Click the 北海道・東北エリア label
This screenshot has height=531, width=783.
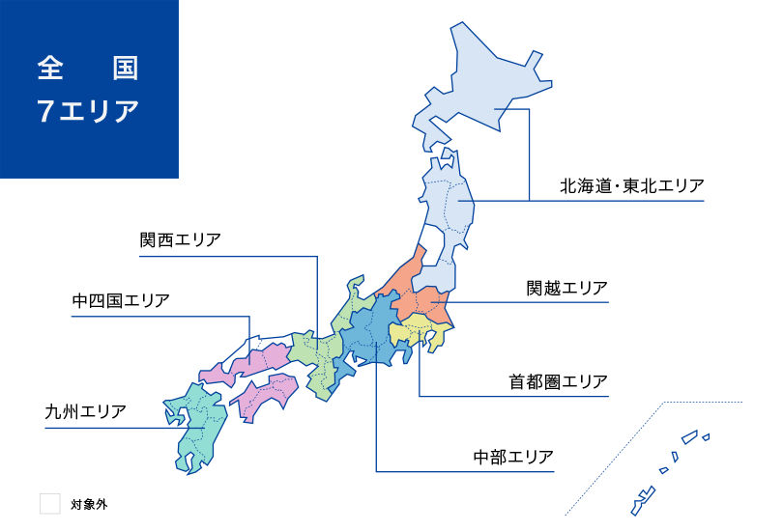[x=632, y=185]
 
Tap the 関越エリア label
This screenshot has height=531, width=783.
[x=566, y=288]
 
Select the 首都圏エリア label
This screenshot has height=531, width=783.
[x=559, y=381]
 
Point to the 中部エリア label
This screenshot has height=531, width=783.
[x=513, y=456]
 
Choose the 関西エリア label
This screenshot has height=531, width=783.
[x=180, y=239]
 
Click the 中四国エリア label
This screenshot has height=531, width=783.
[x=121, y=300]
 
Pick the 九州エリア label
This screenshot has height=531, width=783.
[x=86, y=411]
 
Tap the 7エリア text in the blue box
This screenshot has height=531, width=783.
[x=88, y=110]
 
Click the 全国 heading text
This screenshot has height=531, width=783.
[x=88, y=68]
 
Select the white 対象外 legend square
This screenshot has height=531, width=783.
[x=49, y=503]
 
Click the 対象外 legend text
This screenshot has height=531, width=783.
[x=88, y=504]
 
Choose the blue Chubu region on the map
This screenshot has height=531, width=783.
[x=372, y=333]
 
